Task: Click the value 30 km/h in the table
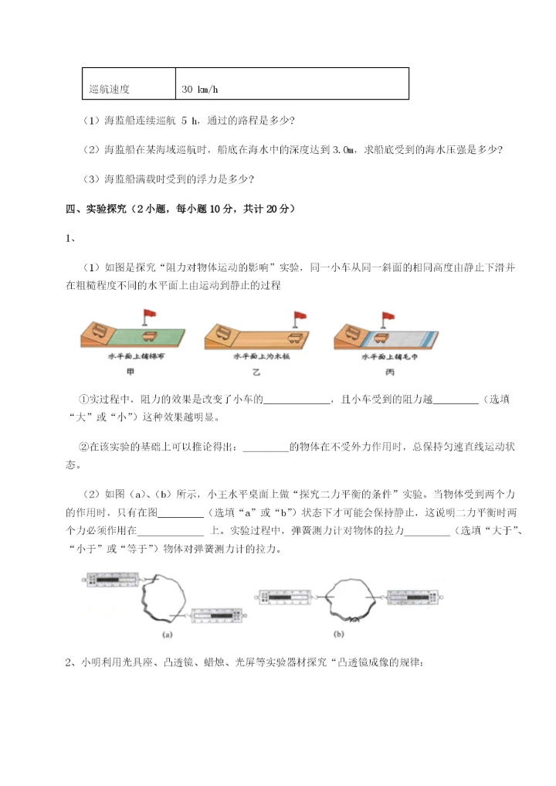point(200,89)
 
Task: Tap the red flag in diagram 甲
point(148,315)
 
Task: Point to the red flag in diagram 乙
point(299,315)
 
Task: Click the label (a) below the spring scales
point(167,635)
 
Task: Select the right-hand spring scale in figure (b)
point(414,596)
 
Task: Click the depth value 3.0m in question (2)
point(345,149)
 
